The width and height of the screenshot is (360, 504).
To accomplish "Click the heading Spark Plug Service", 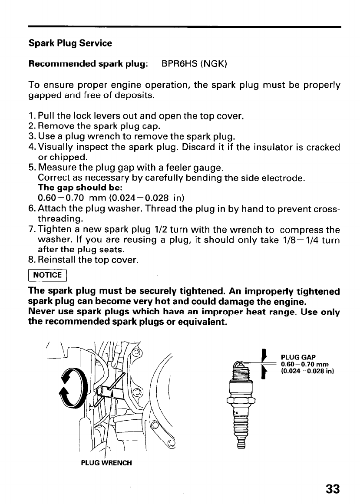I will [70, 43].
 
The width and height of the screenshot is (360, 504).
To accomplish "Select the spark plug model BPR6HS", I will [181, 64].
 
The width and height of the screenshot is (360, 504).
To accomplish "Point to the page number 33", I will [332, 489].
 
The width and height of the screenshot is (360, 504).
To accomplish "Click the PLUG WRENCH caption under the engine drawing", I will [106, 462].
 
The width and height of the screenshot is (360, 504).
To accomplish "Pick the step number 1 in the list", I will [31, 116].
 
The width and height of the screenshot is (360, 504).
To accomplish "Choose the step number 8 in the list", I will [32, 260].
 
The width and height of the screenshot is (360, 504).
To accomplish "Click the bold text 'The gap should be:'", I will [69, 188].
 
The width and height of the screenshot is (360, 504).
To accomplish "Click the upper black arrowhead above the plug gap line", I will [264, 356].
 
